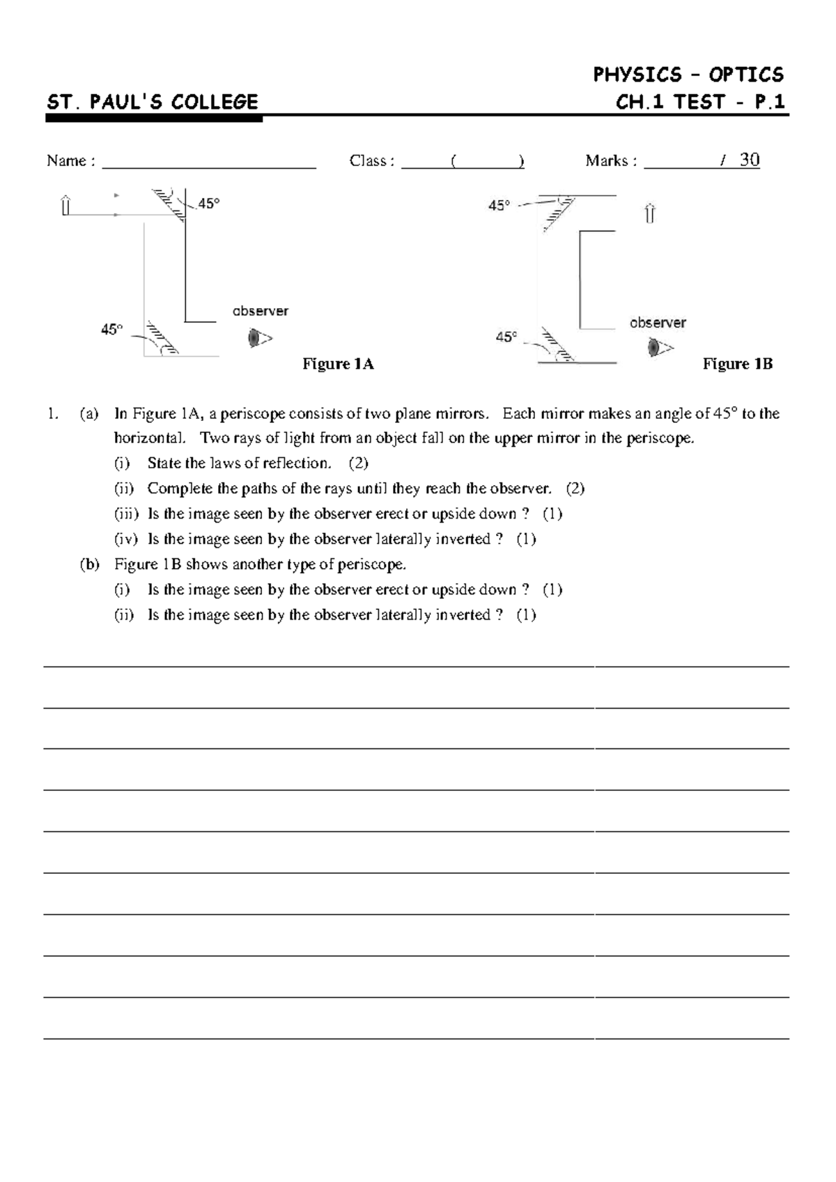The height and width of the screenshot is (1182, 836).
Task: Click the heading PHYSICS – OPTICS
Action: [688, 75]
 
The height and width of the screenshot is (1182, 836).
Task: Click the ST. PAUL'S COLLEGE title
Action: [152, 102]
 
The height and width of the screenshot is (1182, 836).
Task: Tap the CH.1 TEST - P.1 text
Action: [700, 102]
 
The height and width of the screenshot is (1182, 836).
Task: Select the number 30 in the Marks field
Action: [749, 160]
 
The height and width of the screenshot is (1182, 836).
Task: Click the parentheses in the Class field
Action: [486, 162]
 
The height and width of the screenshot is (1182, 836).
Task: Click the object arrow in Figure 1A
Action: [66, 206]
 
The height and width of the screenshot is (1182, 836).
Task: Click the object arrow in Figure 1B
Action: [649, 213]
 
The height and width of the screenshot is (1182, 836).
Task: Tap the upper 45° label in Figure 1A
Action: [208, 204]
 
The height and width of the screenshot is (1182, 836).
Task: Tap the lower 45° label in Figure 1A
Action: [111, 329]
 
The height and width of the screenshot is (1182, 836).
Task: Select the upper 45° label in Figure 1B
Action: [499, 206]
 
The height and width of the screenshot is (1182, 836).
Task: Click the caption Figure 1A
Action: [338, 364]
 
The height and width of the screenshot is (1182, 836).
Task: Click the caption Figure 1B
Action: [737, 364]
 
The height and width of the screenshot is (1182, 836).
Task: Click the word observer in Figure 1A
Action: [260, 312]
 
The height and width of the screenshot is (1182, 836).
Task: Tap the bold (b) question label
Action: [89, 564]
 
